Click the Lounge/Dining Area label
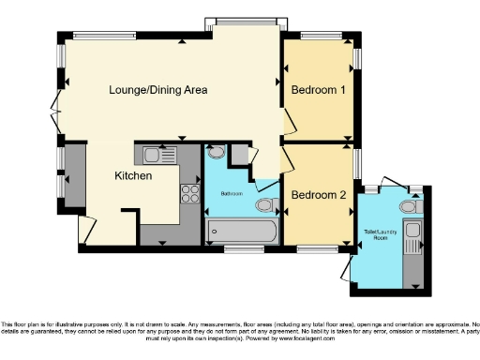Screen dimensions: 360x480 [157, 91]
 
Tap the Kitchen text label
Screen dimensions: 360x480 [133, 175]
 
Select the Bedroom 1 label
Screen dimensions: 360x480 [319, 91]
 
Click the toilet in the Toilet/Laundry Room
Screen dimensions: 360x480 [408, 206]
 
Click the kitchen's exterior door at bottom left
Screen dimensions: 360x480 [87, 229]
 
